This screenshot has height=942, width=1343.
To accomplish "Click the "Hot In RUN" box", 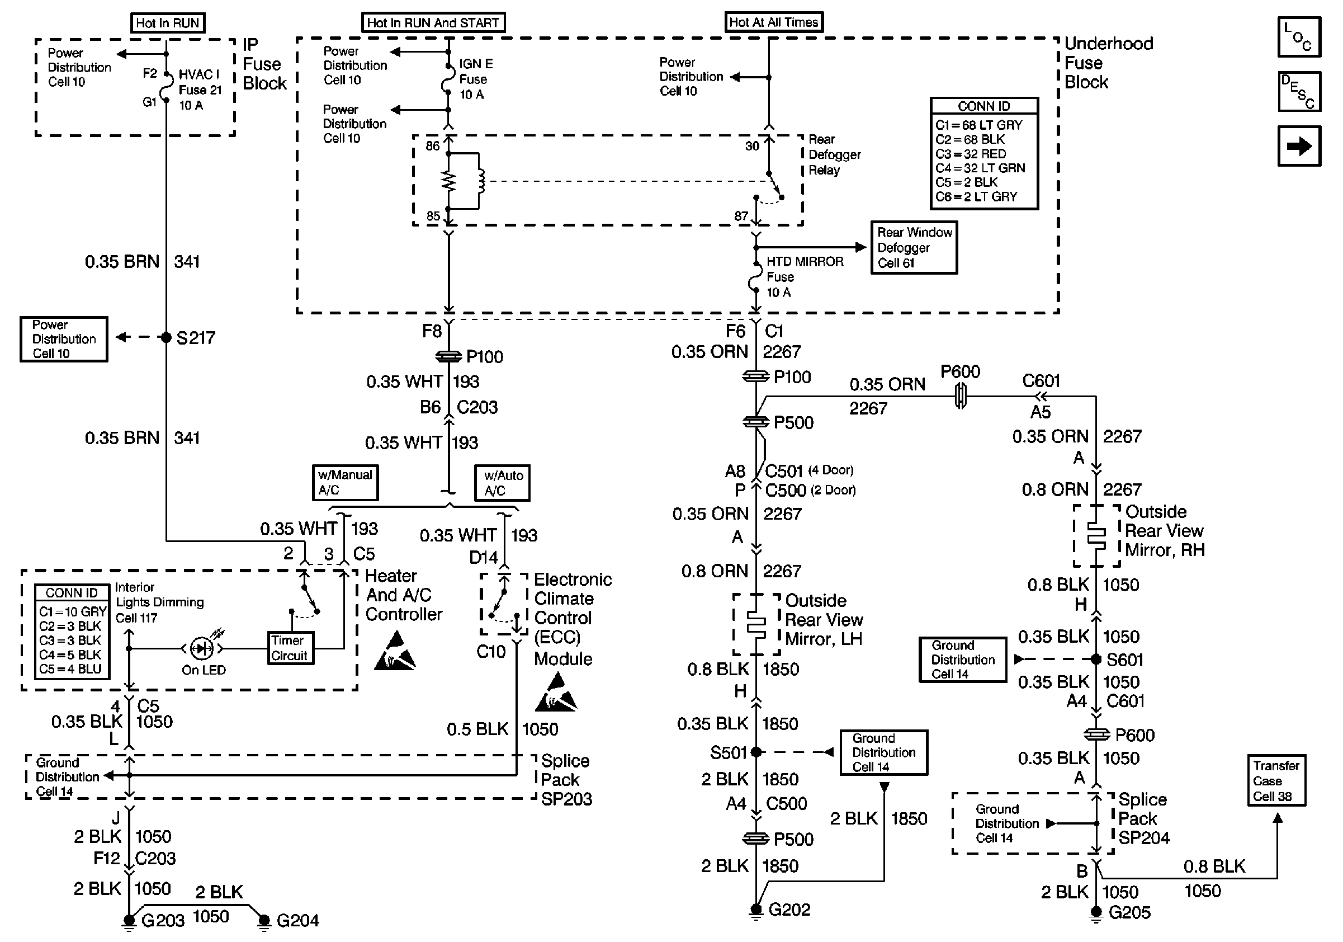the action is pos(167,23).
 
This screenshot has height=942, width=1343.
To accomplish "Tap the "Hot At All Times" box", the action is pos(773,22).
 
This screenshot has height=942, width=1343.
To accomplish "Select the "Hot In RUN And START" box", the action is pos(433,23).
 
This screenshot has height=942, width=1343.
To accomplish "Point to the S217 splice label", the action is pos(196,338).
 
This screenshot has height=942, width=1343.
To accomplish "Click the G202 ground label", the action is pos(789,909).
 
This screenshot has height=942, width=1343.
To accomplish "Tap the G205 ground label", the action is pos(1129,912).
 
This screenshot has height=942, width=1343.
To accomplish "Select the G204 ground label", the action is pos(297,920).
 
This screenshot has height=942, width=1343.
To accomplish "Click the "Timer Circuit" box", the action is pos(290,648).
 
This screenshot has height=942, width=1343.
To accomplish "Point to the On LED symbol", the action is pos(202,648).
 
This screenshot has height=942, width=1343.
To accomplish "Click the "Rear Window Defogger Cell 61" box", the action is pos(914,247).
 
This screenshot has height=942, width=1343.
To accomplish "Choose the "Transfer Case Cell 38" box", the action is pos(1276,780).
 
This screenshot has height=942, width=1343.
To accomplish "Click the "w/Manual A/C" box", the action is pos(345,483).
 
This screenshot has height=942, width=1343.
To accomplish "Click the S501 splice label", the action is pos(728,752).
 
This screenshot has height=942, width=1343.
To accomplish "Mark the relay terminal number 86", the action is pos(432,145).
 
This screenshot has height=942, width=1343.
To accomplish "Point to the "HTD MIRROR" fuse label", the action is pos(805,262).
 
